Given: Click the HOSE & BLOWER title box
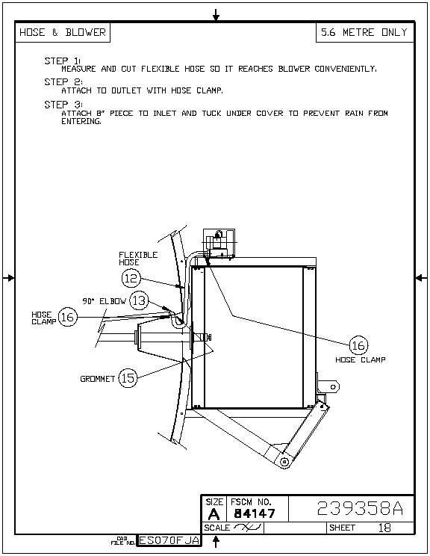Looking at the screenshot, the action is [x=63, y=32].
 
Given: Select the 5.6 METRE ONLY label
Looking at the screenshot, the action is [x=364, y=32].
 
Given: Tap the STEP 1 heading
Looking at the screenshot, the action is [x=63, y=61].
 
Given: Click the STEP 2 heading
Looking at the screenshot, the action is [x=63, y=82].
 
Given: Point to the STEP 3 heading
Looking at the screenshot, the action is [x=63, y=105].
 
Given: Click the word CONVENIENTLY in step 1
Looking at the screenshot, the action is [x=346, y=69].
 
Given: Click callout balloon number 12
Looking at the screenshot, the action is [x=131, y=278].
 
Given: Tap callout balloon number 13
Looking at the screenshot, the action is [x=139, y=300].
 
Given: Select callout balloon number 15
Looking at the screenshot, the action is [x=128, y=378].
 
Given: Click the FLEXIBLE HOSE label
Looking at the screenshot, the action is [x=138, y=259].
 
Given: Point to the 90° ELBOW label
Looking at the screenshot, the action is [x=104, y=301].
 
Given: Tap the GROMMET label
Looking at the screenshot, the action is [x=97, y=379].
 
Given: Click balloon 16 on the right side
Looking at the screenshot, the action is [x=358, y=345].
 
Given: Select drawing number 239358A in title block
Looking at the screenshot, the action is [x=360, y=508].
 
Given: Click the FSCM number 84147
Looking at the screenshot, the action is [x=255, y=513].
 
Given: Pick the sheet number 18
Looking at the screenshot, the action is [x=384, y=528].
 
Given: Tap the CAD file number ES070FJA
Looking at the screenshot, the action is [x=169, y=540].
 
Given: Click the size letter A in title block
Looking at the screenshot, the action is [x=214, y=514].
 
